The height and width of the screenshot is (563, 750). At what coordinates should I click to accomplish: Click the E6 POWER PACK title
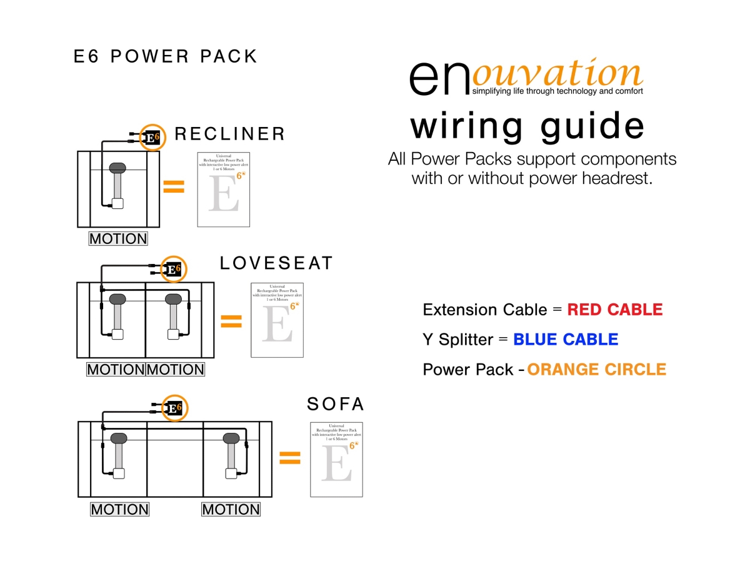pos(166,56)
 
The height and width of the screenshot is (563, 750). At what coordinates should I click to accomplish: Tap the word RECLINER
pos(230,134)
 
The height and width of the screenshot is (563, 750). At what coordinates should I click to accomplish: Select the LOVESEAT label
pos(276,263)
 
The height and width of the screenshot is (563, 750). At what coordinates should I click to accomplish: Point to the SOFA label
pos(336,404)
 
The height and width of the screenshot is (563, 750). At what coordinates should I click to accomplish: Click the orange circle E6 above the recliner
pos(152,138)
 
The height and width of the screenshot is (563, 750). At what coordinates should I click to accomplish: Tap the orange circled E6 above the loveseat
pos(174,270)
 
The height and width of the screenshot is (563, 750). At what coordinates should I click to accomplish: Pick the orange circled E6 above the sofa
pos(174,408)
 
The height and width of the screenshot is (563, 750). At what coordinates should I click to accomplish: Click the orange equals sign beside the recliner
pos(174,186)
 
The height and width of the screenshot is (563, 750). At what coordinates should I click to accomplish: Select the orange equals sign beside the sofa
pos(289,459)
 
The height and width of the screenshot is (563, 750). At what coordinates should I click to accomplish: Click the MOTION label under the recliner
pos(118,238)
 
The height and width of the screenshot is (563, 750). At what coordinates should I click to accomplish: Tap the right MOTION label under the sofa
pos(231,509)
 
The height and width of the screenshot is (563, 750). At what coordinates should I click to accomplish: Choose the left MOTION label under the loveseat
pos(116,370)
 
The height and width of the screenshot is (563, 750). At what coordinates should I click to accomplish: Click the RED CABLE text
pos(615,310)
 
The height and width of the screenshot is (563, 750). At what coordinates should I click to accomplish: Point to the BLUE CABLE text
pos(566,340)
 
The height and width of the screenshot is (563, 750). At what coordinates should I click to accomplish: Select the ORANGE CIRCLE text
pos(597,370)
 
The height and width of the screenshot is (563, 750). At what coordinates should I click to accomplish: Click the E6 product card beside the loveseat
pos(277,320)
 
